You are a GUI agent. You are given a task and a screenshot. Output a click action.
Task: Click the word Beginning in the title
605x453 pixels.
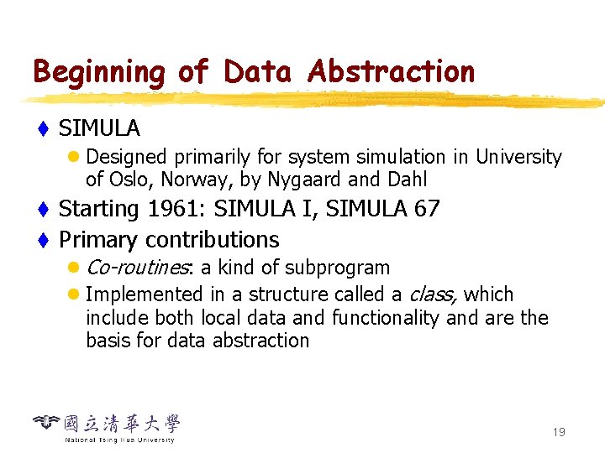(99, 73)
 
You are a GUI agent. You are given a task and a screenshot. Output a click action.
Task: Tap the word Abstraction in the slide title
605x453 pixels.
(391, 72)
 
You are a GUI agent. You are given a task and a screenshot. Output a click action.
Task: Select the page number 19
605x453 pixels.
(559, 432)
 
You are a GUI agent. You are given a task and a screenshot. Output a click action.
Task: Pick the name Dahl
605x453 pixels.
(407, 180)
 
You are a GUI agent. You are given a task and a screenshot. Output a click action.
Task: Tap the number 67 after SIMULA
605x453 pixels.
(427, 209)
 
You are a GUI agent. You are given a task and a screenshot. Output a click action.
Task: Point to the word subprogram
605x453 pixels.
(338, 268)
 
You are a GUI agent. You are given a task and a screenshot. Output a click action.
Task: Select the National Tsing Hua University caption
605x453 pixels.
(119, 440)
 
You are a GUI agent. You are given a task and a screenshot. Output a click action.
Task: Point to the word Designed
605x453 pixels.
(126, 157)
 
